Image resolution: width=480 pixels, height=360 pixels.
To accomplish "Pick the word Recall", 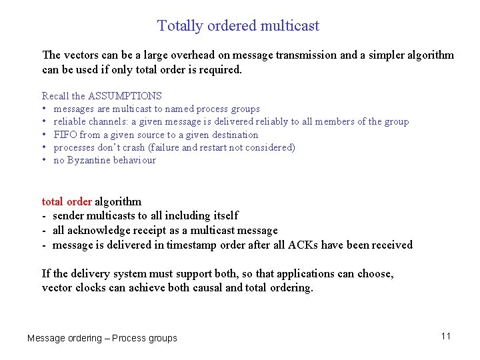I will click(55, 96).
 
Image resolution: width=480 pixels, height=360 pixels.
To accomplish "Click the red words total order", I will click(67, 201).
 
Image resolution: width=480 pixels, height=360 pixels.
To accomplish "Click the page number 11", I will click(446, 336).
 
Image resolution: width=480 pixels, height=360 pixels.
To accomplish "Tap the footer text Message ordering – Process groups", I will click(102, 338).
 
